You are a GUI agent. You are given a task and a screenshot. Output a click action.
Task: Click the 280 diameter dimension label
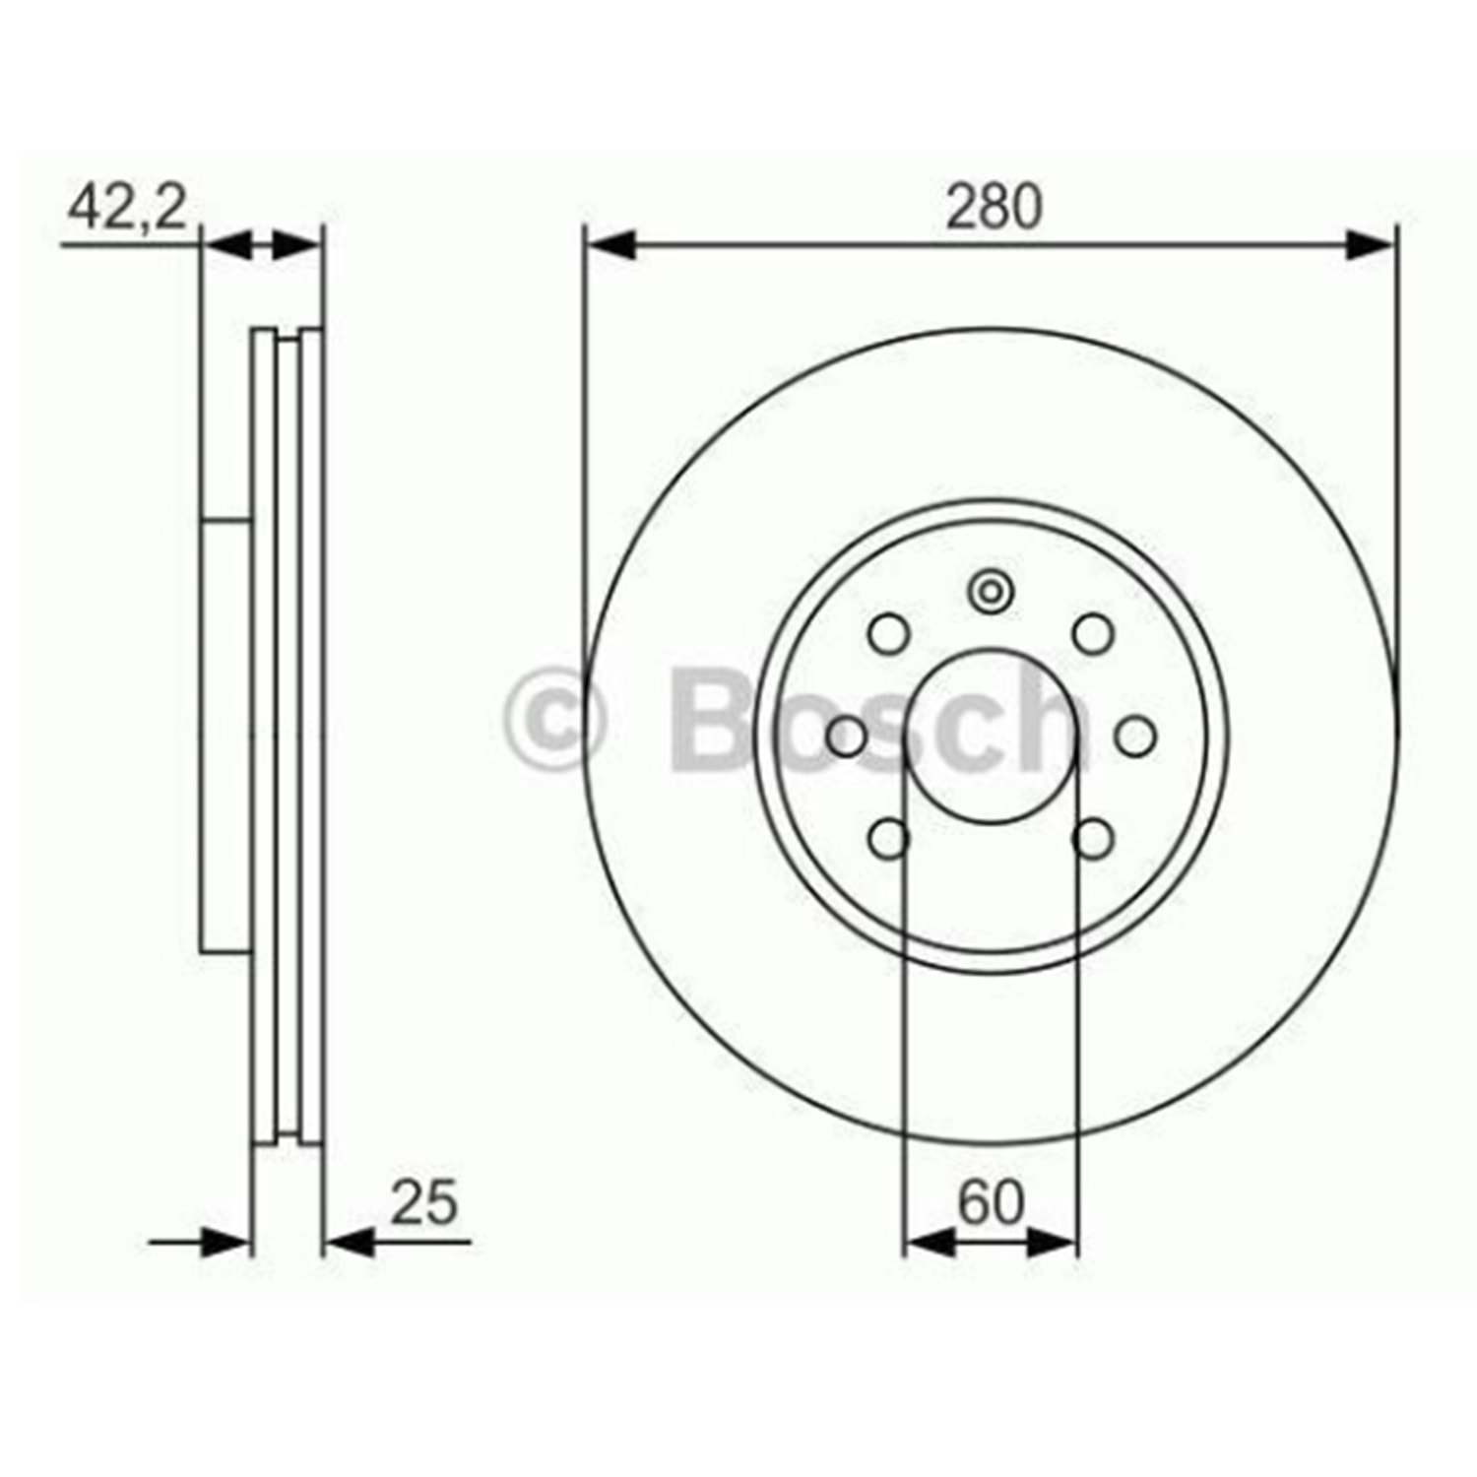[993, 209]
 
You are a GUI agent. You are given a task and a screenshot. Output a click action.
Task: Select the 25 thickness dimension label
[424, 1202]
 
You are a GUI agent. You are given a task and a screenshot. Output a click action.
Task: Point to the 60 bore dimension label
[992, 1202]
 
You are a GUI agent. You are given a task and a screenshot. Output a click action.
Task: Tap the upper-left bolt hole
[889, 633]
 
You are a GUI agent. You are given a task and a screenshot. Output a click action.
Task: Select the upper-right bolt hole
[1093, 633]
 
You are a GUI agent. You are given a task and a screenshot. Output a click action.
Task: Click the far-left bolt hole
[846, 737]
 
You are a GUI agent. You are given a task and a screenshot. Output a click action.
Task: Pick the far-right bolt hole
[1136, 737]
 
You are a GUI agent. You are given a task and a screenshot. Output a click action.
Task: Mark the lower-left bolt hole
[889, 839]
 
